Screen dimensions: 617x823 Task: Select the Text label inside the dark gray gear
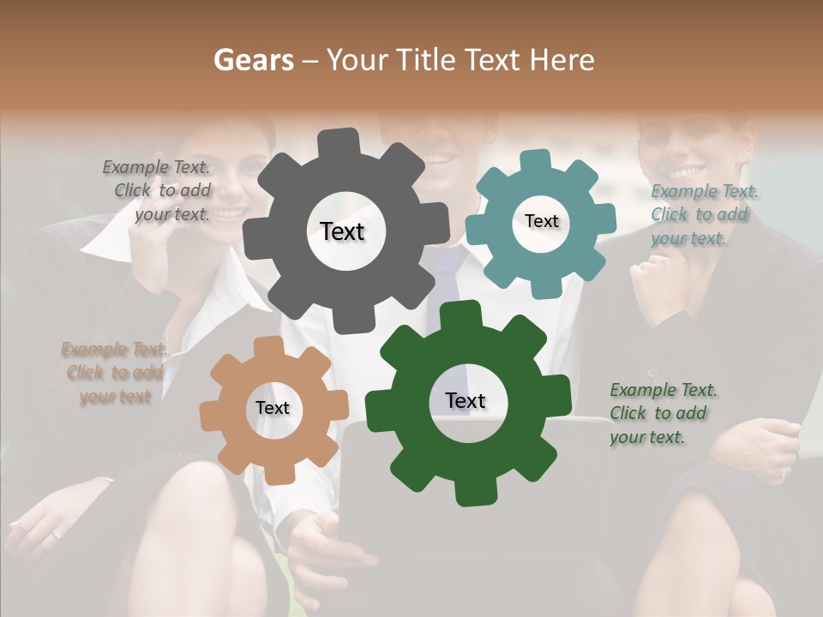pos(342,231)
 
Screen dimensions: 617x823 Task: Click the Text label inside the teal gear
pos(541,221)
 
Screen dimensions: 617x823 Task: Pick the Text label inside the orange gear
pos(273,409)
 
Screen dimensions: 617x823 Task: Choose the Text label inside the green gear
pos(466,401)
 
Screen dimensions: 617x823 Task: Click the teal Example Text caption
pos(703,214)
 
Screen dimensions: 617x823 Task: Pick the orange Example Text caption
pos(114,373)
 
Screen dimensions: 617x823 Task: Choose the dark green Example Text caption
pos(662,413)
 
